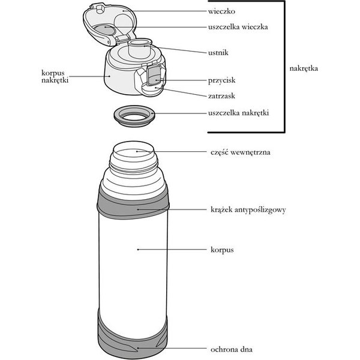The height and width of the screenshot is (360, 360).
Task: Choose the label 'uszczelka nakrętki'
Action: coord(242,112)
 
